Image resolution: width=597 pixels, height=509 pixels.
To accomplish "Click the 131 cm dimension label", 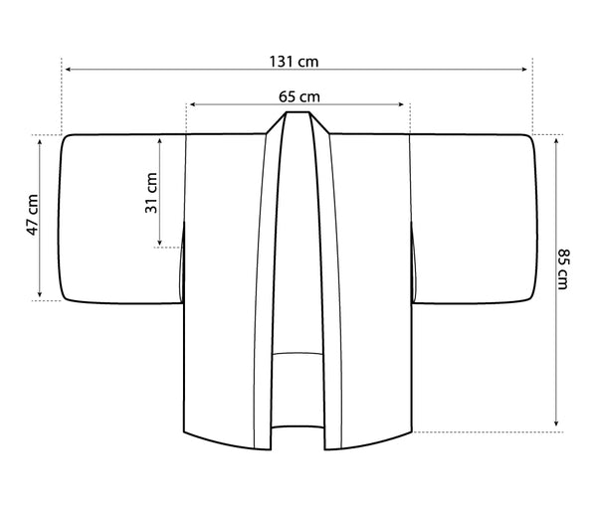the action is (294, 62).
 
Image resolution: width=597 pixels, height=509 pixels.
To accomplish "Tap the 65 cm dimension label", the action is (298, 96).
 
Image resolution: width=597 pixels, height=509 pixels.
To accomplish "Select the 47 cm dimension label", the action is (33, 215).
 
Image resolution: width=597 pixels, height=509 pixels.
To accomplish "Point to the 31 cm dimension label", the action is (151, 193).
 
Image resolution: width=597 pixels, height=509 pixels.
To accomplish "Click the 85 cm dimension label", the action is (563, 269).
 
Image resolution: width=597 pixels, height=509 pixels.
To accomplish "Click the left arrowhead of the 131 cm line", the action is (68, 70).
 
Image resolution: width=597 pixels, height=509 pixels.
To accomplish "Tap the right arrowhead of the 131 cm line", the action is (524, 70).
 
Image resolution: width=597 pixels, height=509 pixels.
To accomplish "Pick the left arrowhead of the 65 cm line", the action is (193, 104).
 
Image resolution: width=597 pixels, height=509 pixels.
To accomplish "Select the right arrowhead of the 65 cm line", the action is (401, 104).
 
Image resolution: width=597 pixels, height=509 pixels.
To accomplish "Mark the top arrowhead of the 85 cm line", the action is (556, 141).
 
